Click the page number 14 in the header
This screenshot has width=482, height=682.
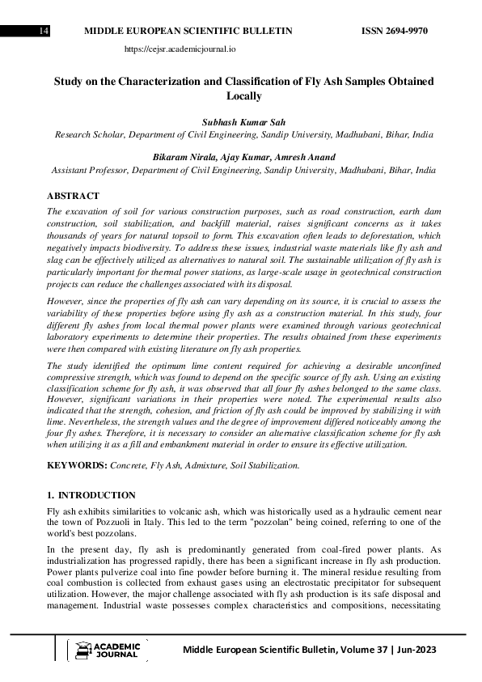44,32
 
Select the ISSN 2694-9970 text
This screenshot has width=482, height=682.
395,32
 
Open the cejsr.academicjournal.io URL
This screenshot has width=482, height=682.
180,49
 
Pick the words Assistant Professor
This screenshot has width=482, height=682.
90,171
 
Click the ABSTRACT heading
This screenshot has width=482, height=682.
73,197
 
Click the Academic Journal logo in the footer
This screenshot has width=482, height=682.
108,650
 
